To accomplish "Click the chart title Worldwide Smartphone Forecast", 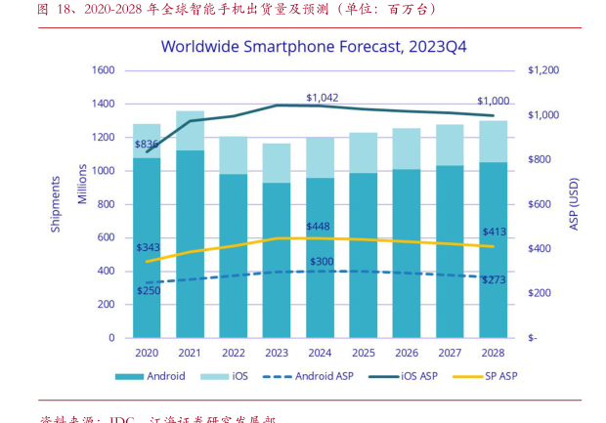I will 300,46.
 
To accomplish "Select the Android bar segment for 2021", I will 190,244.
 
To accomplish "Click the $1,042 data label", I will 322,98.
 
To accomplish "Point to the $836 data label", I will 146,144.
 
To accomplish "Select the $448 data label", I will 319,227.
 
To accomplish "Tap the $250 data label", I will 150,291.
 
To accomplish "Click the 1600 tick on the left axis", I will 103,70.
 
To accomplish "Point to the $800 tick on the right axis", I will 540,160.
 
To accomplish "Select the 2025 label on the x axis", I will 363,353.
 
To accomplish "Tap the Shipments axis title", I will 56,203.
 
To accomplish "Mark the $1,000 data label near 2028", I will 493,102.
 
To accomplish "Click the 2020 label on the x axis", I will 147,353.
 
